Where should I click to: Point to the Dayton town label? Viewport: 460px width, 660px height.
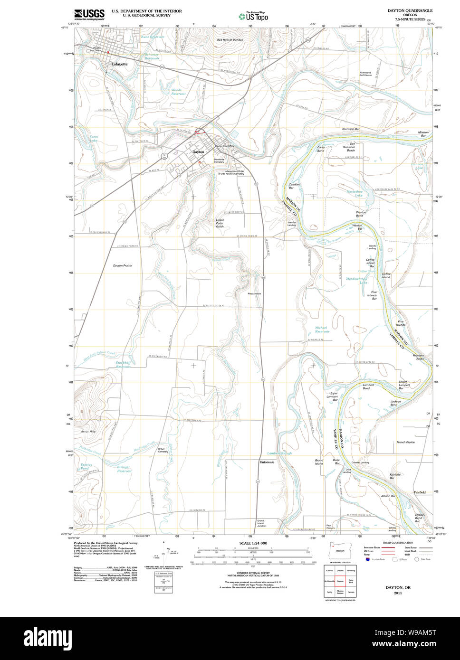pyautogui.click(x=198, y=151)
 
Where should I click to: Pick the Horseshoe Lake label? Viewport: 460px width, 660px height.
pyautogui.click(x=355, y=193)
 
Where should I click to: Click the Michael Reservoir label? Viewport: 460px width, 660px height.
pyautogui.click(x=322, y=330)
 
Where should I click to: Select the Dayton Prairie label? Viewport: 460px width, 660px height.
pyautogui.click(x=122, y=265)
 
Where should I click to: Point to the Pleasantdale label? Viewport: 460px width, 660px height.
pyautogui.click(x=254, y=293)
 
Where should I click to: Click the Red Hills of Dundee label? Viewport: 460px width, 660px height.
pyautogui.click(x=230, y=40)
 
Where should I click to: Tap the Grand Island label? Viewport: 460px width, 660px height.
pyautogui.click(x=319, y=462)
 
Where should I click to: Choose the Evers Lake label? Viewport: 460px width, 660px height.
pyautogui.click(x=94, y=139)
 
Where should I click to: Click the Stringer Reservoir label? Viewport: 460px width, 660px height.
pyautogui.click(x=124, y=469)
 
